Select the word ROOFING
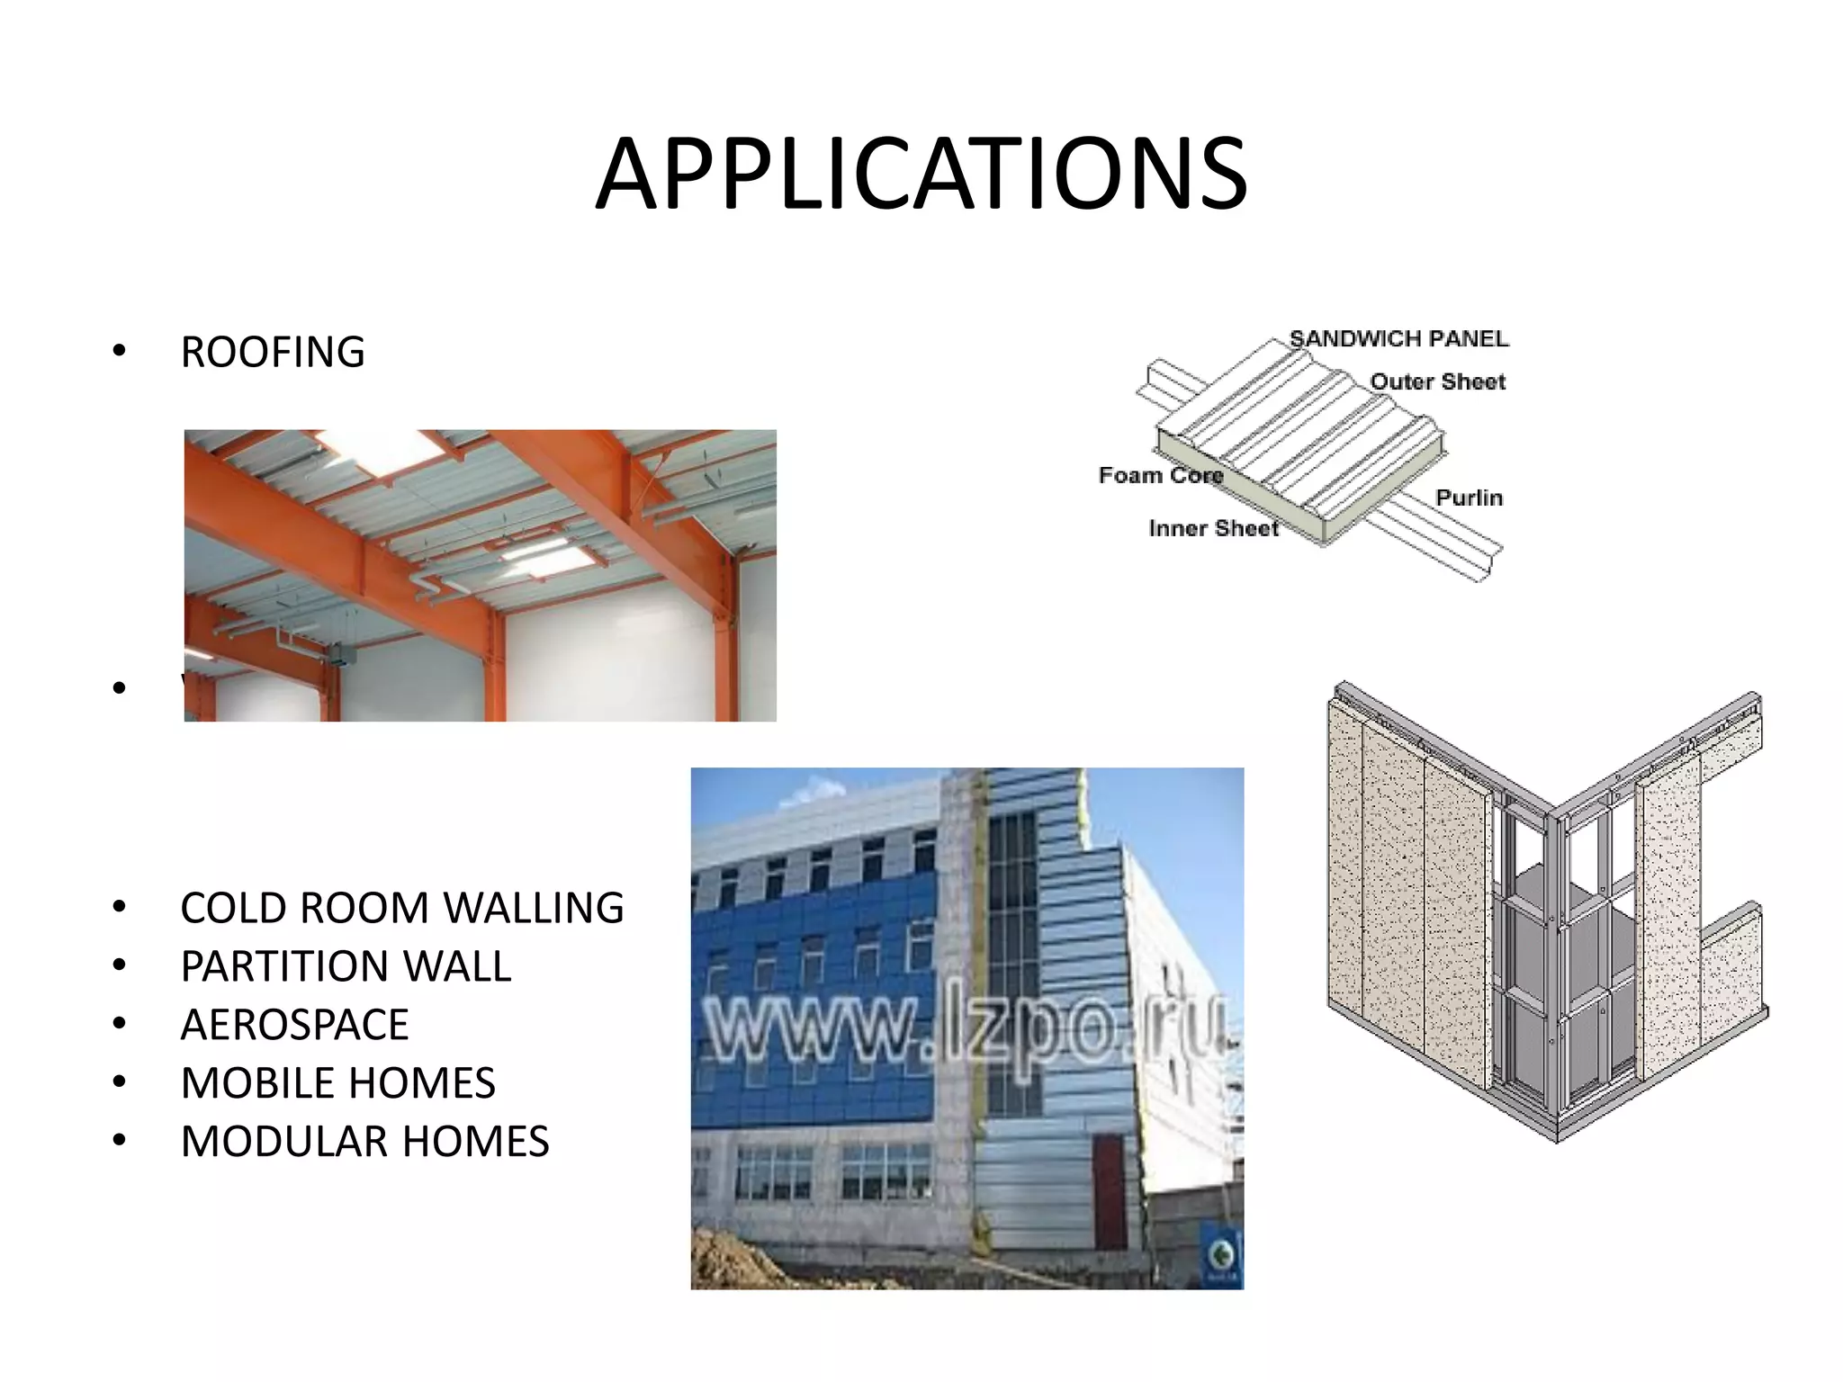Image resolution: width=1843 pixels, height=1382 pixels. tap(273, 352)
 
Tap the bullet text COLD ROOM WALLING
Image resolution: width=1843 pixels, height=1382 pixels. tap(401, 908)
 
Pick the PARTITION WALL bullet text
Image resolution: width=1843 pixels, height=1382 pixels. tap(346, 966)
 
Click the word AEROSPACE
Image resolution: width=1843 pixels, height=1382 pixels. tap(294, 1025)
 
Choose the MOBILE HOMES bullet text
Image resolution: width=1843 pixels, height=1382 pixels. tap(337, 1083)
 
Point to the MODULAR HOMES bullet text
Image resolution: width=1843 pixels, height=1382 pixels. tap(364, 1142)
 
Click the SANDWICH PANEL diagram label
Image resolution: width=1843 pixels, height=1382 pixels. tap(1398, 339)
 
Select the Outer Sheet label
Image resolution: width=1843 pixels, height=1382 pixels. tap(1437, 381)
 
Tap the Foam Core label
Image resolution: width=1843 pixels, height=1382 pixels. tap(1160, 475)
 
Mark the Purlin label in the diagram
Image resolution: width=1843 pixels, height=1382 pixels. tap(1469, 498)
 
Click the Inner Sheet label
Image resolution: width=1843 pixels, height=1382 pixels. tap(1213, 528)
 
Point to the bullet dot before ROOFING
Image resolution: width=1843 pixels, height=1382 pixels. tap(119, 351)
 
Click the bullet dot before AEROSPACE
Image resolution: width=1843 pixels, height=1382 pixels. tap(119, 1024)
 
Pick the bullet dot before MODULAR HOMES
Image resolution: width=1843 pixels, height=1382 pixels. tap(119, 1141)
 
